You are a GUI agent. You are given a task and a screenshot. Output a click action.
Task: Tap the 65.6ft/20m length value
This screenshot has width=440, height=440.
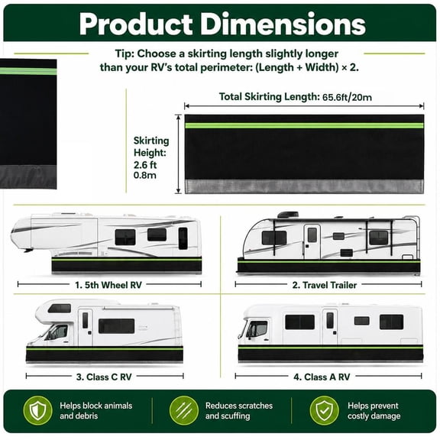click(347, 97)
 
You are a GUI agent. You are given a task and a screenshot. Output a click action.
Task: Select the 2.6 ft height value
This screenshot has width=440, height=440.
click(145, 165)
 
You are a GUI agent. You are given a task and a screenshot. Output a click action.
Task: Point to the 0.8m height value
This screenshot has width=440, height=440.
click(145, 176)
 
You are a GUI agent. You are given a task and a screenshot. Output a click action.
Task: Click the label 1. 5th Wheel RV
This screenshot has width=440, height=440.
click(108, 285)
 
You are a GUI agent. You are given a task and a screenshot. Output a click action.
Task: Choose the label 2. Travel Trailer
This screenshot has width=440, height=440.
click(325, 285)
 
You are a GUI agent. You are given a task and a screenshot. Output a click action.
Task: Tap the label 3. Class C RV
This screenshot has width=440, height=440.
click(104, 377)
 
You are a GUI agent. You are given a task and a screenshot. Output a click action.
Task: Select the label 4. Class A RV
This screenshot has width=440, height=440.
click(322, 377)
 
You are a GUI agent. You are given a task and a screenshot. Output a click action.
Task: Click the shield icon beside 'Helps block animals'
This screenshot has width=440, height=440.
click(37, 410)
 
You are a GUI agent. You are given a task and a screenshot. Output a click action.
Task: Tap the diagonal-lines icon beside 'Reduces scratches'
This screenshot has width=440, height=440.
click(184, 410)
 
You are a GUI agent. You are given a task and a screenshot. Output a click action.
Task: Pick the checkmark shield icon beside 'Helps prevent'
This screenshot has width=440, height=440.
click(324, 410)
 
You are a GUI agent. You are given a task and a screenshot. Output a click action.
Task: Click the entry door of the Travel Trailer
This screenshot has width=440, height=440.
click(312, 242)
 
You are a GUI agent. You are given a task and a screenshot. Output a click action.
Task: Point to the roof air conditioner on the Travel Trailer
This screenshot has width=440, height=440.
click(288, 215)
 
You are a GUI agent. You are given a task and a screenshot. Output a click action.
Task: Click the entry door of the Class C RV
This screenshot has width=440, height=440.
click(86, 328)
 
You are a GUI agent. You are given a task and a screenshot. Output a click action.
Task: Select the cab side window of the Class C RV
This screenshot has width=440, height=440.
click(58, 332)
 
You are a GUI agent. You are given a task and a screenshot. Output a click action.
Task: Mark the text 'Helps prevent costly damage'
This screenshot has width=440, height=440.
click(374, 410)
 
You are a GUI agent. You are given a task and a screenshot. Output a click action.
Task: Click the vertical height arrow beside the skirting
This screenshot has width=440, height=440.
click(178, 154)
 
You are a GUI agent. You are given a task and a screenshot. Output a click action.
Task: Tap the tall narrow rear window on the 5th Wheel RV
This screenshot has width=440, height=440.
click(183, 238)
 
